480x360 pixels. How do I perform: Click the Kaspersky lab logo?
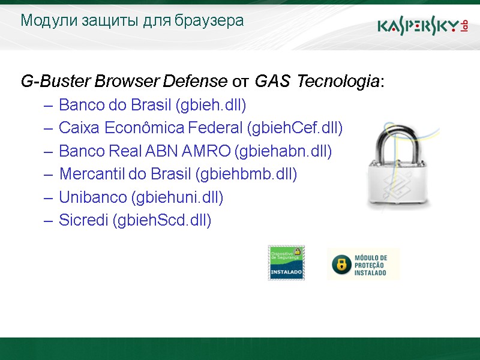tap(422, 26)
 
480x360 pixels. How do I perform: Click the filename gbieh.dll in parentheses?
tap(211, 106)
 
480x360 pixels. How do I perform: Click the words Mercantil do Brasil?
tap(125, 174)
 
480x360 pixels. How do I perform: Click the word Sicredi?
tap(83, 220)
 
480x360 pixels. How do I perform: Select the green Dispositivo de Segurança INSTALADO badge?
tap(286, 262)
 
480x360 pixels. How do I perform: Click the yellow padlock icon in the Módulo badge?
tap(341, 265)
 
